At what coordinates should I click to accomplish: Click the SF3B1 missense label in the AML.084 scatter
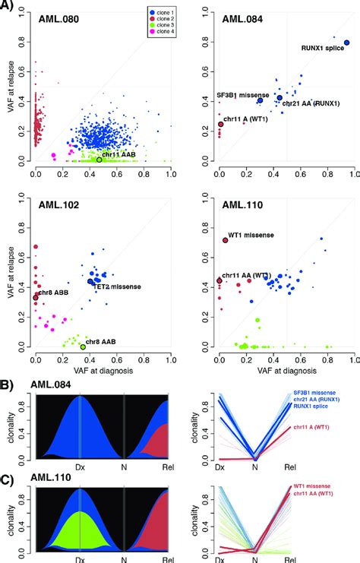point(241,95)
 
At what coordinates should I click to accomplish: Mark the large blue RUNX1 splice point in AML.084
point(346,43)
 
